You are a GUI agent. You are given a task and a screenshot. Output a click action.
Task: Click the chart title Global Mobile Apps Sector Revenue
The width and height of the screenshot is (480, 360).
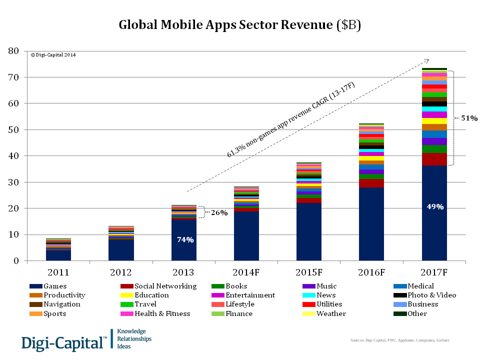click(x=239, y=25)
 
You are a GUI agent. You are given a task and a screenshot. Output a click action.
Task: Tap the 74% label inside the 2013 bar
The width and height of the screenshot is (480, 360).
click(x=185, y=239)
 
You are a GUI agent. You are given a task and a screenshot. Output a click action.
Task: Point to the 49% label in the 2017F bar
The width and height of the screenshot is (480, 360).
click(x=434, y=206)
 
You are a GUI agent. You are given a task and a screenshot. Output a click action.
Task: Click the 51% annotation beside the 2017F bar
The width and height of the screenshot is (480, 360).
click(x=469, y=118)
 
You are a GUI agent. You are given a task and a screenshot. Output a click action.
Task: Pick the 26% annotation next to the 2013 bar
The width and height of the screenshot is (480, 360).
click(x=219, y=212)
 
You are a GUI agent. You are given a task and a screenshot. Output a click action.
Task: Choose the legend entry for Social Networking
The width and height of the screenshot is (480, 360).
click(x=165, y=286)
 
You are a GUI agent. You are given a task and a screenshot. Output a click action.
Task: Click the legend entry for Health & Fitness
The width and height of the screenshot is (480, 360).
click(x=162, y=313)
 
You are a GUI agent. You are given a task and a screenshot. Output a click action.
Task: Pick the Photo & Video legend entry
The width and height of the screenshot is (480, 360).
click(x=431, y=295)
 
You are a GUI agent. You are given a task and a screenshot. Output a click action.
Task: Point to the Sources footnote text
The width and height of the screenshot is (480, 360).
click(x=400, y=340)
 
